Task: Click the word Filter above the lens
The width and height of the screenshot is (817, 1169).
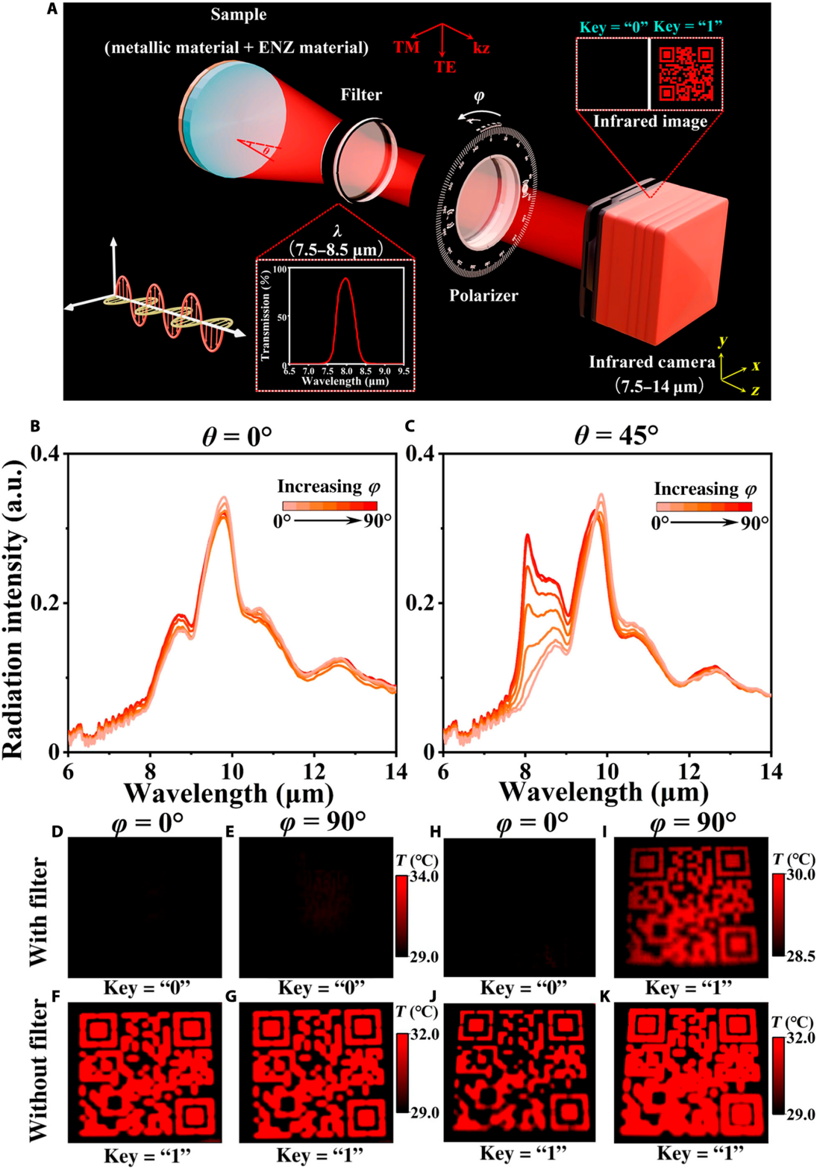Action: click(x=361, y=95)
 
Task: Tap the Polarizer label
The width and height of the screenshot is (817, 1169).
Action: click(x=483, y=296)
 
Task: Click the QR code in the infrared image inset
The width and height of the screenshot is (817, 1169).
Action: click(x=686, y=73)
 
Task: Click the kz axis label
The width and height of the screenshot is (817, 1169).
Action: click(x=481, y=48)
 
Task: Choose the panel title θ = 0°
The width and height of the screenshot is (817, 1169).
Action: click(x=237, y=434)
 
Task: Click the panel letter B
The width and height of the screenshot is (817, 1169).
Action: click(x=34, y=426)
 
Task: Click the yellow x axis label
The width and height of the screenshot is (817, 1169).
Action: click(x=755, y=366)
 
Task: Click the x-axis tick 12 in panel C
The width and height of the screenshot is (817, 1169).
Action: click(x=690, y=771)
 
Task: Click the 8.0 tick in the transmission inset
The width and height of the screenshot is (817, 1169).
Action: click(x=346, y=370)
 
